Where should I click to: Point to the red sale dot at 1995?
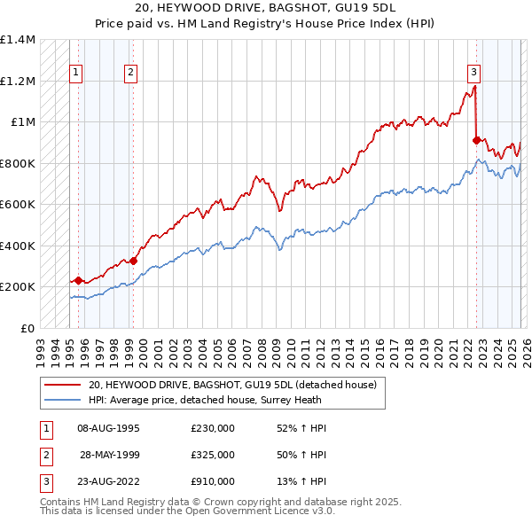[x=78, y=281]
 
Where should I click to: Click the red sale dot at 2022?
[x=476, y=140]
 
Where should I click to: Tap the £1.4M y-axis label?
[x=18, y=40]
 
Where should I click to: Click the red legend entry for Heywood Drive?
[x=232, y=385]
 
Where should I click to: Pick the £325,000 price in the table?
[x=213, y=455]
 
